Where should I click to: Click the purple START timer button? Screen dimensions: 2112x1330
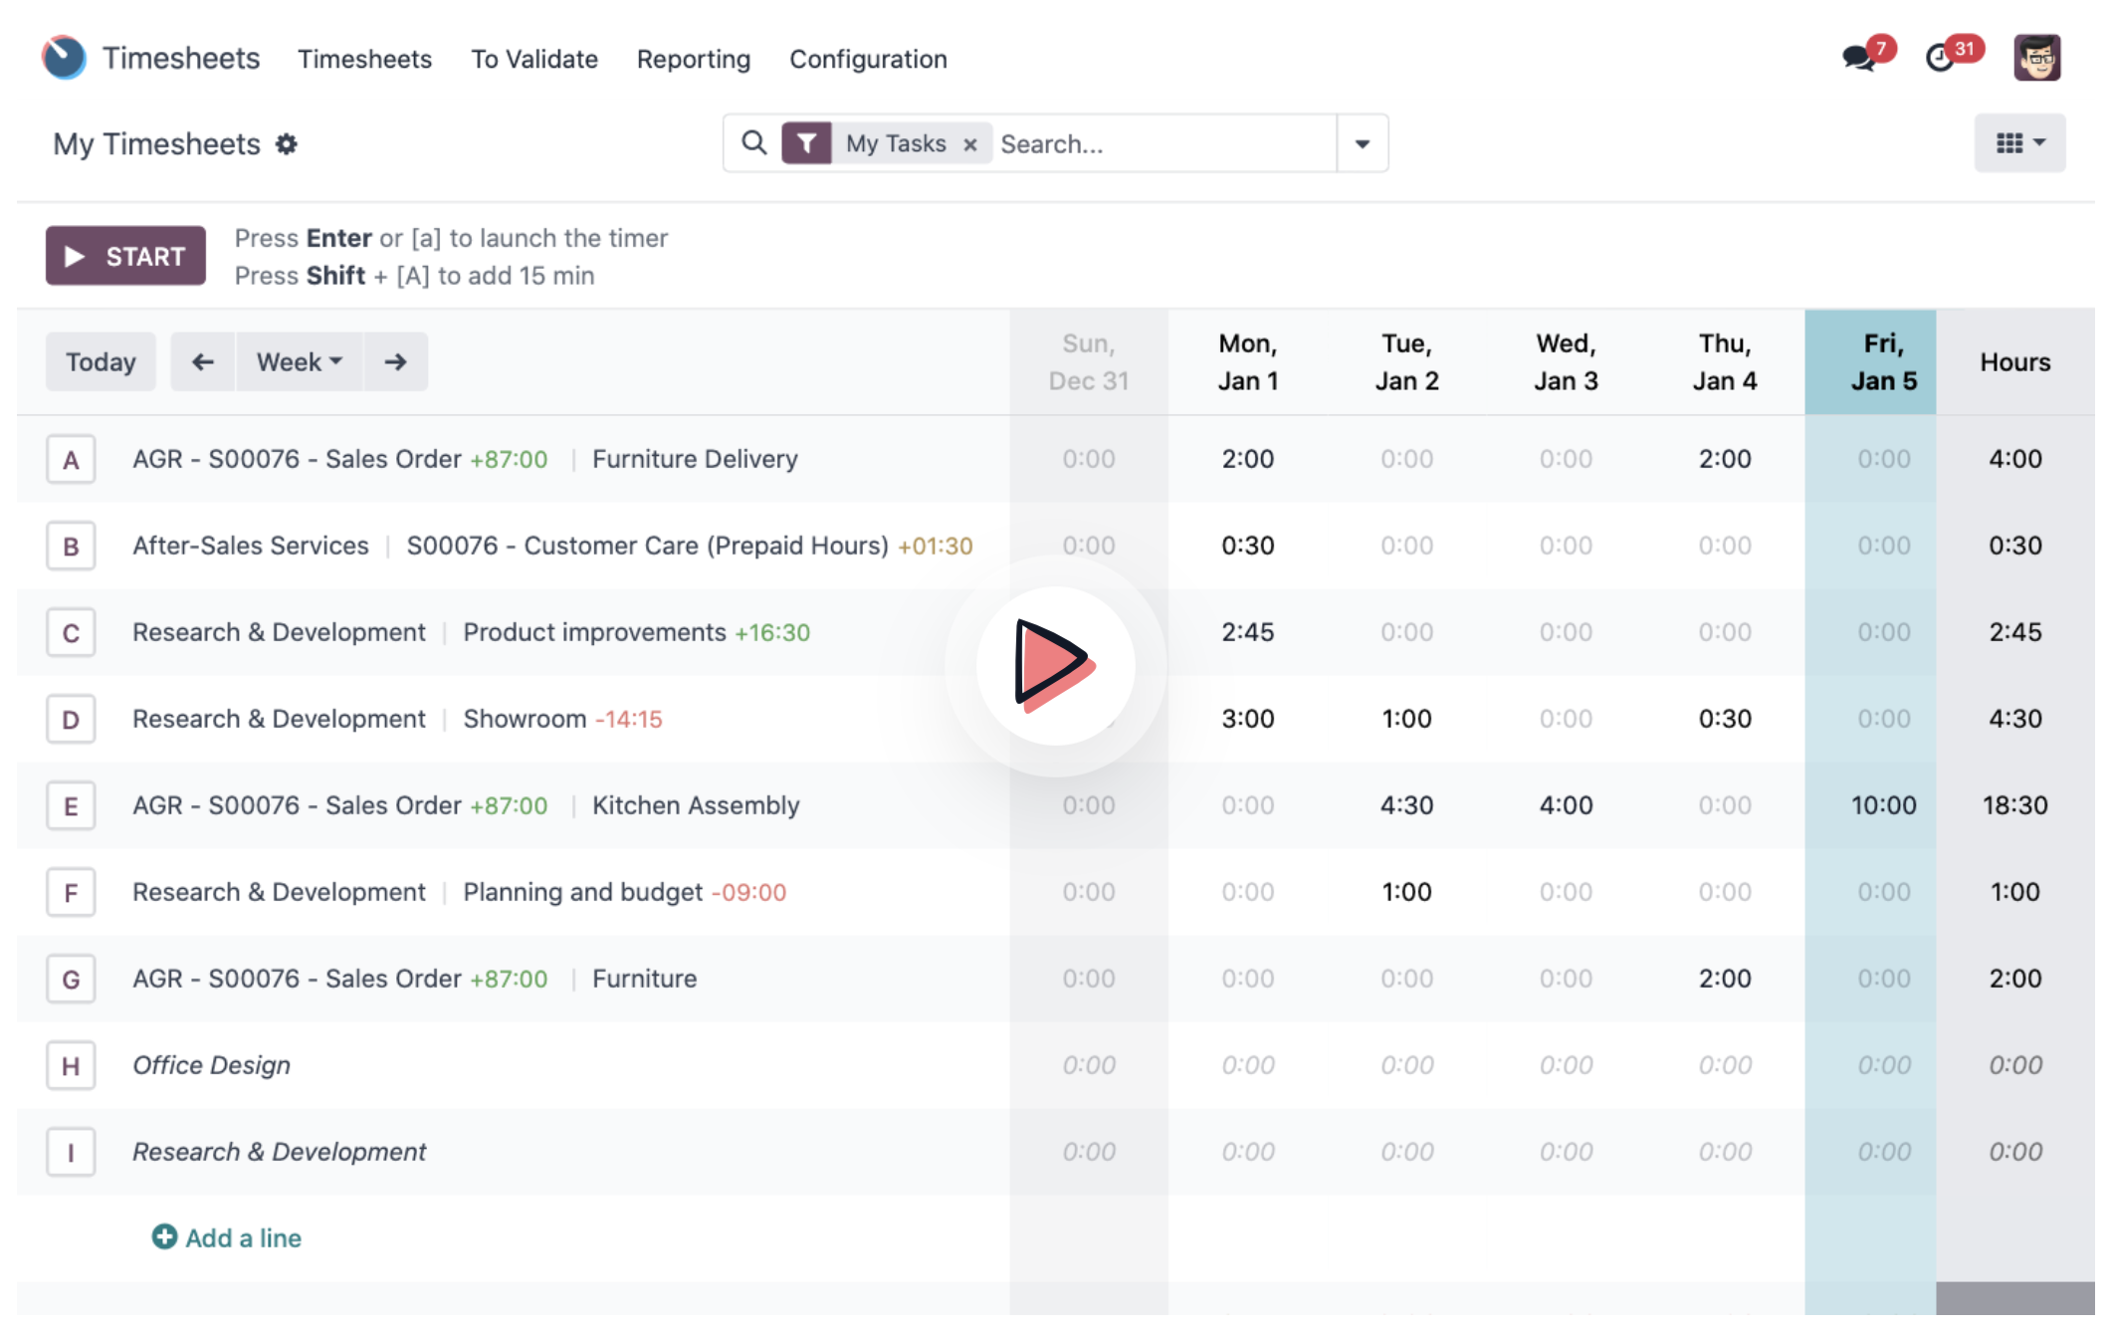(x=125, y=256)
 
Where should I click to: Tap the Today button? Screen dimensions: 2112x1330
(x=101, y=361)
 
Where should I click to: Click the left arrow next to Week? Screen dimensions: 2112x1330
(x=203, y=361)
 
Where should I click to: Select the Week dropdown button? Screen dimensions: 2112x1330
(x=299, y=361)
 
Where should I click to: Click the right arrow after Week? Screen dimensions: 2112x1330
(x=396, y=361)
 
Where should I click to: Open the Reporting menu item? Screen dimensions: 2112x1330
(x=694, y=59)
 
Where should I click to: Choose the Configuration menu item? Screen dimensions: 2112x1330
(x=868, y=59)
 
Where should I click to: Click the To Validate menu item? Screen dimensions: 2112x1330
(x=534, y=59)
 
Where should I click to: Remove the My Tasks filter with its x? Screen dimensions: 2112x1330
(x=970, y=144)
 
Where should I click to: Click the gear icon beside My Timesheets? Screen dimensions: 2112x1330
(x=287, y=144)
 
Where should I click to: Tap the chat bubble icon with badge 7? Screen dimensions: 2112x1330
(x=1858, y=58)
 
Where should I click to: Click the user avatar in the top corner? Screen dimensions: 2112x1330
(x=2037, y=58)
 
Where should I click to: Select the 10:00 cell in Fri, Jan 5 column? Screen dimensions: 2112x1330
(x=1883, y=805)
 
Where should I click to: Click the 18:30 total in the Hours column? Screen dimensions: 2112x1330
(x=2014, y=805)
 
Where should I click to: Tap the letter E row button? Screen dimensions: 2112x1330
(x=71, y=805)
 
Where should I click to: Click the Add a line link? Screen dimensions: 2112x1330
(x=227, y=1237)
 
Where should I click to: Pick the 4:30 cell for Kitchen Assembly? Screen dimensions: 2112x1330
(x=1406, y=805)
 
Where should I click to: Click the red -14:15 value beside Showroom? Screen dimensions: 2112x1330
(x=629, y=719)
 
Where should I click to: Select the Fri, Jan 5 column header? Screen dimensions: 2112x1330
(x=1870, y=361)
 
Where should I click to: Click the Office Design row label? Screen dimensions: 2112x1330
(x=212, y=1065)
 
